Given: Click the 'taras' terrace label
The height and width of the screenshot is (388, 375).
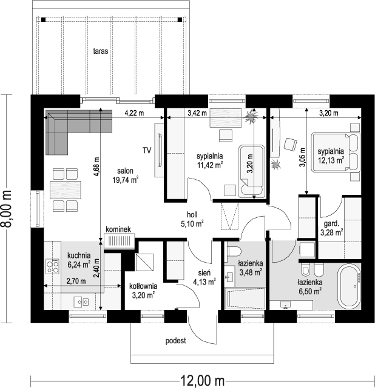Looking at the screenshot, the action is point(101,51).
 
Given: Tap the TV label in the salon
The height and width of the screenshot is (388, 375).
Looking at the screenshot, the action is point(147,150).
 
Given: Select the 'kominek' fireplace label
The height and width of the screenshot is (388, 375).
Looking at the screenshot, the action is point(118,229).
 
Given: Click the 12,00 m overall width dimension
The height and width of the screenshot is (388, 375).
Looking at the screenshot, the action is point(203,381).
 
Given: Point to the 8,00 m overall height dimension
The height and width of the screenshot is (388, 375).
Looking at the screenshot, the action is point(6,209).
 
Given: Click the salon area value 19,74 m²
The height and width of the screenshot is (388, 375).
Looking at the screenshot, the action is point(125,180).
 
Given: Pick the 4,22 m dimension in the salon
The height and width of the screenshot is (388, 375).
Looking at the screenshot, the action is point(134,113).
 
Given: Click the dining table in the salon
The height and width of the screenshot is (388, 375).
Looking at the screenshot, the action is point(66,190).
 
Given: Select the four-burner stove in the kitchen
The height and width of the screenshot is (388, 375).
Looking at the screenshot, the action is point(53,266).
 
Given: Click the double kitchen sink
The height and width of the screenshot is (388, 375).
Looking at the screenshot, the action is point(81,302).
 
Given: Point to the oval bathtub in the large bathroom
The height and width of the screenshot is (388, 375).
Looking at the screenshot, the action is point(350,286).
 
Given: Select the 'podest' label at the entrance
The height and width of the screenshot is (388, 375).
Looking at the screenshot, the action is point(175,341).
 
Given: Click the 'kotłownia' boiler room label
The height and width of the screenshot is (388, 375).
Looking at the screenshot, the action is point(143,286).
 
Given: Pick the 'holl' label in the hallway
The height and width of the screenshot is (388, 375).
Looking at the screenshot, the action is point(192,214).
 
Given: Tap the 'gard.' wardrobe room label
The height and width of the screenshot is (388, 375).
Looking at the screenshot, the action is point(331,224).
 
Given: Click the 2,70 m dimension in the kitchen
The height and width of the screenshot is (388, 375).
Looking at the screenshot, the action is point(76,281).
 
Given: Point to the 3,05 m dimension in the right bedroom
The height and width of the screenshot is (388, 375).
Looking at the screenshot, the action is point(303,157).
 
